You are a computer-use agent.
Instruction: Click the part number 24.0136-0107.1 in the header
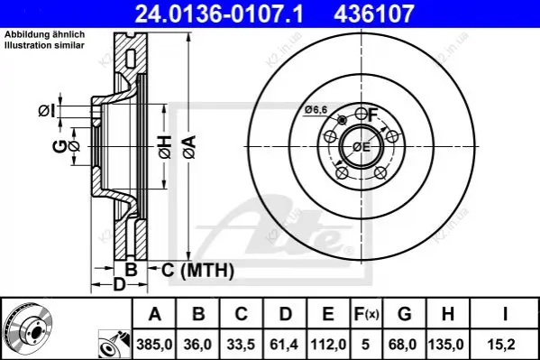coord(219,14)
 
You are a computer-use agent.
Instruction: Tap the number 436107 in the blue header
coord(373,14)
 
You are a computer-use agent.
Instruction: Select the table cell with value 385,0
coord(154,344)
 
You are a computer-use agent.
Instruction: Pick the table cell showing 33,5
coord(241,344)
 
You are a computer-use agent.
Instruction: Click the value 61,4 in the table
coord(285,344)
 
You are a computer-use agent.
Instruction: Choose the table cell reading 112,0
coord(328,344)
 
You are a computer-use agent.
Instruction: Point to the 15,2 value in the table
coord(504,344)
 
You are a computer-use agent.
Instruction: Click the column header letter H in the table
coord(447,314)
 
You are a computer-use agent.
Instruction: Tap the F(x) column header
coord(366,314)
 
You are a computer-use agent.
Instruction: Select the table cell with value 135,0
coord(447,344)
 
